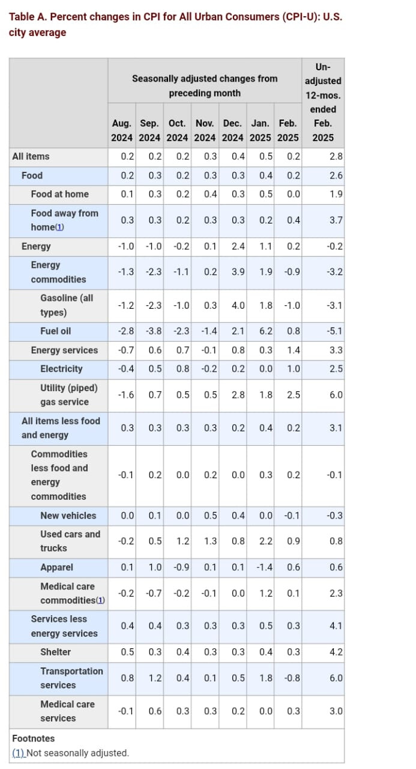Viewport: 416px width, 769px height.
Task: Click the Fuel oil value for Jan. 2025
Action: (x=266, y=331)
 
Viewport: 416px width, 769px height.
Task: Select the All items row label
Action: (x=31, y=157)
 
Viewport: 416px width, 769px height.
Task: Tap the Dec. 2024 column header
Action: (x=232, y=130)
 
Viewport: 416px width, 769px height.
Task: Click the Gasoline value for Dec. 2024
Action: (x=238, y=306)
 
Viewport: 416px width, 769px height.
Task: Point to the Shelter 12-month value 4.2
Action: (x=336, y=652)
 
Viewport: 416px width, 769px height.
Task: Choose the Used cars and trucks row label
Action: (x=70, y=541)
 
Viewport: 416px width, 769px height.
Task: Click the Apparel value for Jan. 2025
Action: (x=264, y=567)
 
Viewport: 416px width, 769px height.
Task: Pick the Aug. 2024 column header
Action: (x=122, y=130)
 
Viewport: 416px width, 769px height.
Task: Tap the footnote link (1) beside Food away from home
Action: (x=59, y=227)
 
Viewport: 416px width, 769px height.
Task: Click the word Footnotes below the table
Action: (x=33, y=738)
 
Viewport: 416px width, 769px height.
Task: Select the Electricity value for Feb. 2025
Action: (x=294, y=369)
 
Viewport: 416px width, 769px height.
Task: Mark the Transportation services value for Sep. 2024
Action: (x=155, y=678)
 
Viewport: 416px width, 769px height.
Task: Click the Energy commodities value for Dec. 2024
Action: (x=238, y=272)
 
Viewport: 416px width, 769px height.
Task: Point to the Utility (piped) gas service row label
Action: (x=69, y=395)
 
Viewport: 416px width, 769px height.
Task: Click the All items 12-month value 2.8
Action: (x=336, y=157)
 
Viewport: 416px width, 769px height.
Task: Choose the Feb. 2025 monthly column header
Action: (x=288, y=130)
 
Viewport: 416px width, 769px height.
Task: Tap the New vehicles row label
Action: (x=68, y=515)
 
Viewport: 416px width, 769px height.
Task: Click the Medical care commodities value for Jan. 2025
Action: (x=266, y=593)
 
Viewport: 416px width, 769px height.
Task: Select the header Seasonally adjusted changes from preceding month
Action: (x=205, y=86)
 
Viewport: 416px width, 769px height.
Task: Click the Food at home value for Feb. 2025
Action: (x=294, y=194)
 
